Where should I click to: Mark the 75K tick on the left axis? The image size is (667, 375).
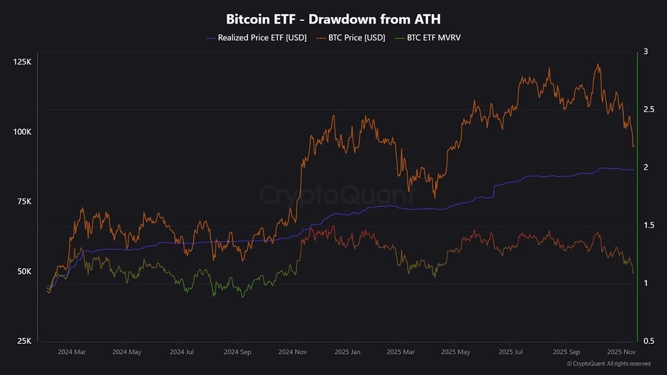[23, 202]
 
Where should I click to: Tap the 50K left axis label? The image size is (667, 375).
[23, 271]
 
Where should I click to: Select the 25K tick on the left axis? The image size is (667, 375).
[23, 341]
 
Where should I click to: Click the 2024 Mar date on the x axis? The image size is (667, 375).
[71, 352]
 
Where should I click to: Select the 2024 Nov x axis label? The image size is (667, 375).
[292, 352]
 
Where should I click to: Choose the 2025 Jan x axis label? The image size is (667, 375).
[347, 352]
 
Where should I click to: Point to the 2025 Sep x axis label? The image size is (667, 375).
[565, 352]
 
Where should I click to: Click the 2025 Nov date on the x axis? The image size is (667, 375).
[621, 352]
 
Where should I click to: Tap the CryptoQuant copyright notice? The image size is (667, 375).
[608, 364]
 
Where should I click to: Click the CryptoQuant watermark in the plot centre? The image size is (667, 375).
[337, 195]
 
